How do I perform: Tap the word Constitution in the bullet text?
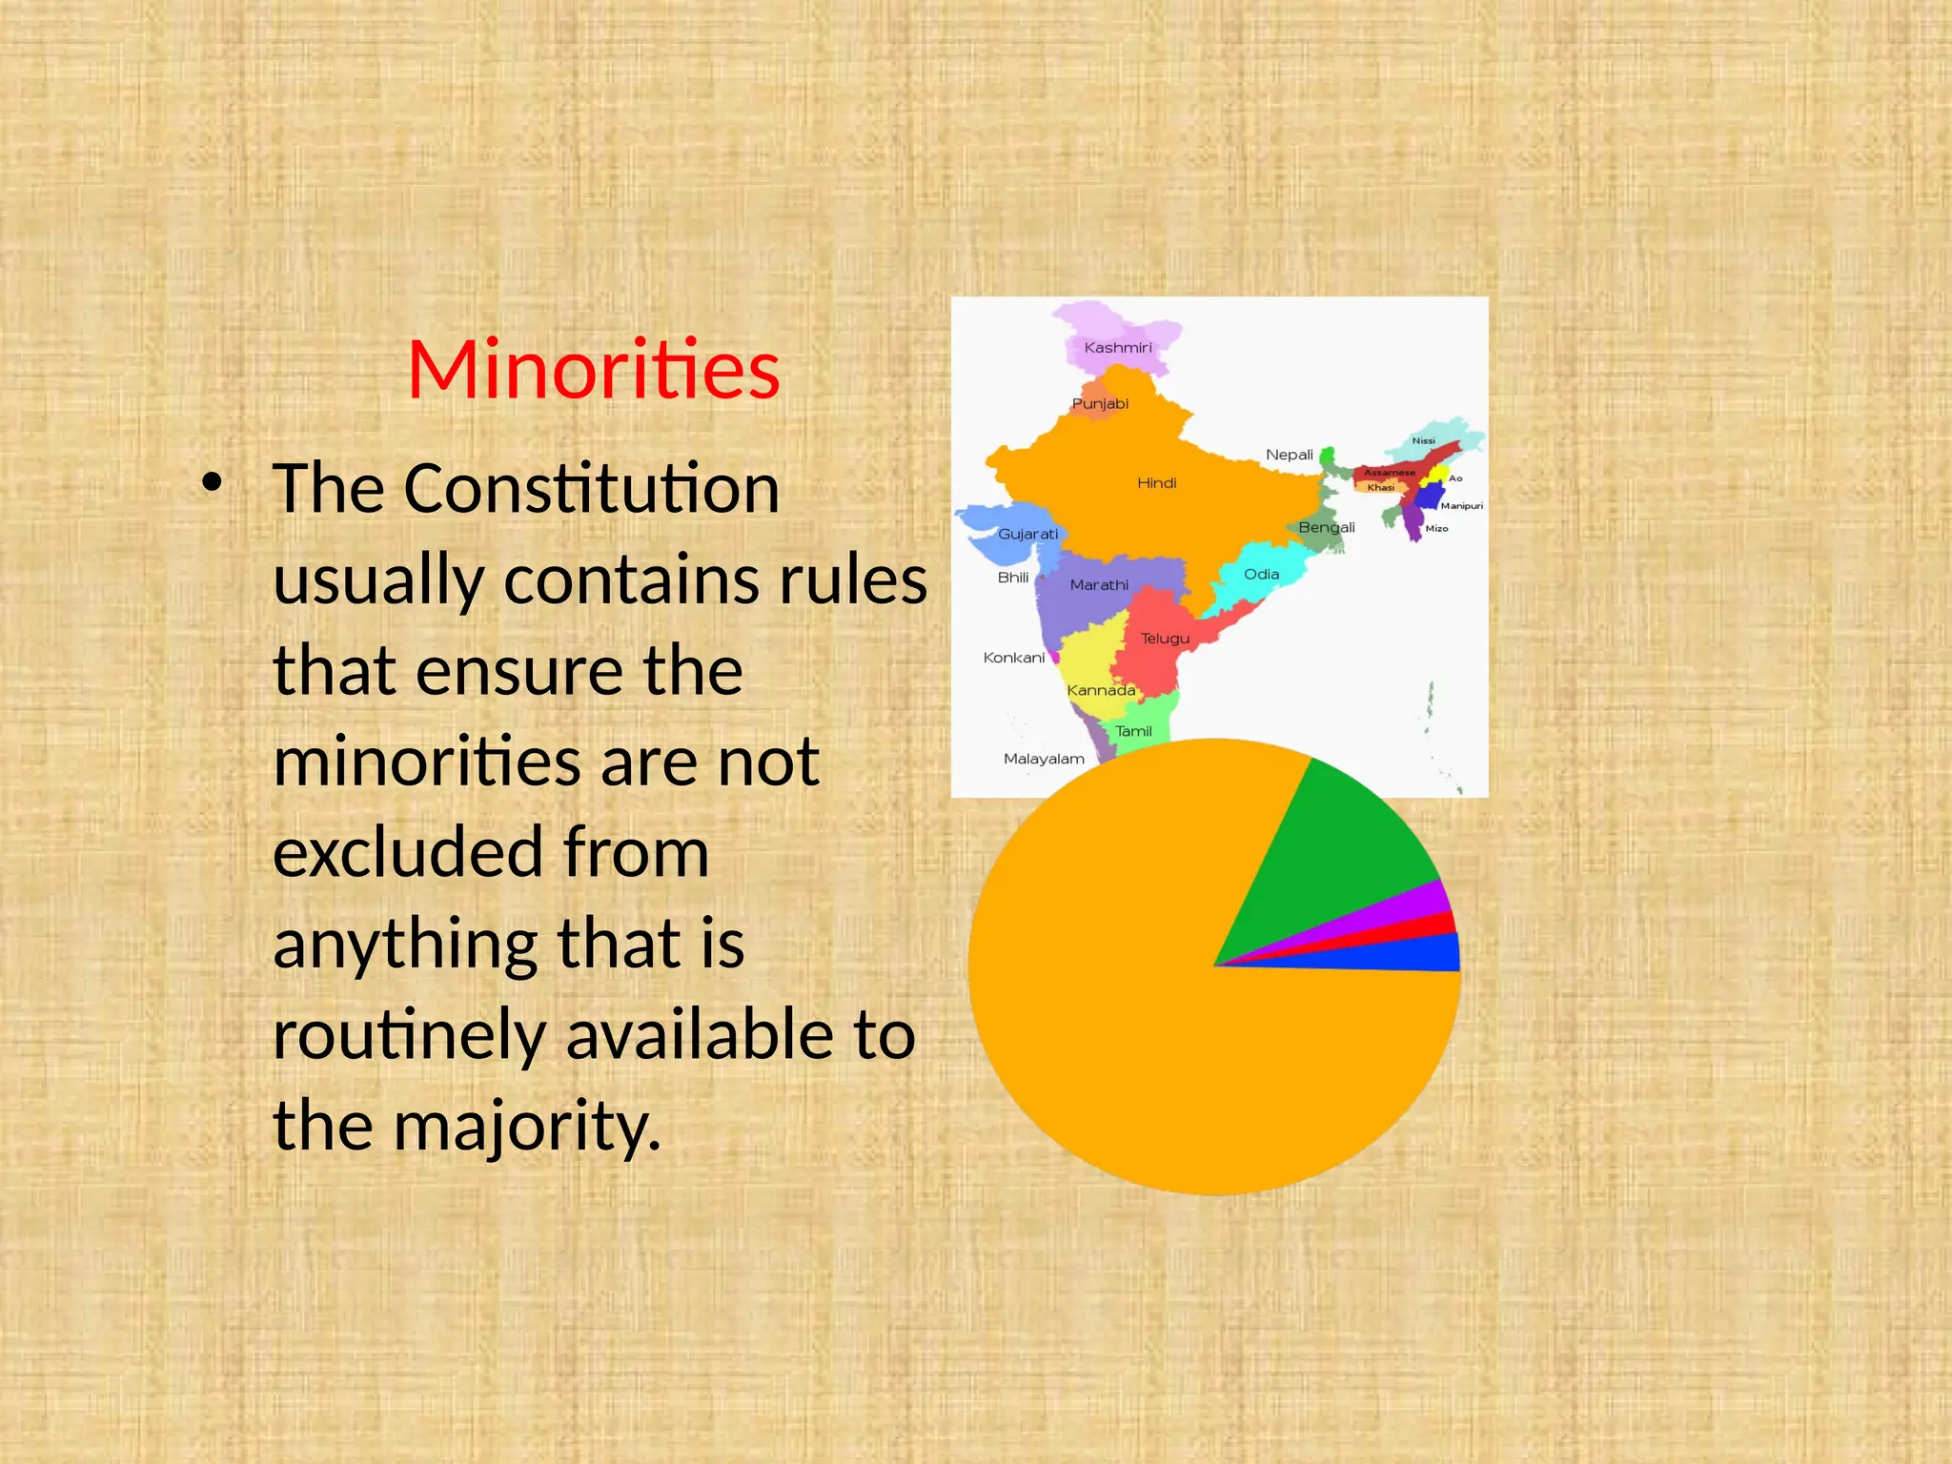click(591, 489)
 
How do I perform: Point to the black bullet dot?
click(212, 483)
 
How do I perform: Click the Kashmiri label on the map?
click(1118, 348)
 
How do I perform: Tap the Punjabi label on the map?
click(1100, 404)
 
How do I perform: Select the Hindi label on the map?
click(1156, 483)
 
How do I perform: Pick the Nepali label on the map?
click(1289, 455)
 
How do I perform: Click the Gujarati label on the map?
click(1027, 534)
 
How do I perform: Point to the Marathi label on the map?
click(1099, 585)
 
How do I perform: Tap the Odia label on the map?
click(1261, 575)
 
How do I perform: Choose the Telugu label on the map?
click(1165, 639)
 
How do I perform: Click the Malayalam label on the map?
click(1044, 759)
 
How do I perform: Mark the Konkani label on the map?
click(1013, 658)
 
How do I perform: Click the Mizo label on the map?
click(1436, 529)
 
